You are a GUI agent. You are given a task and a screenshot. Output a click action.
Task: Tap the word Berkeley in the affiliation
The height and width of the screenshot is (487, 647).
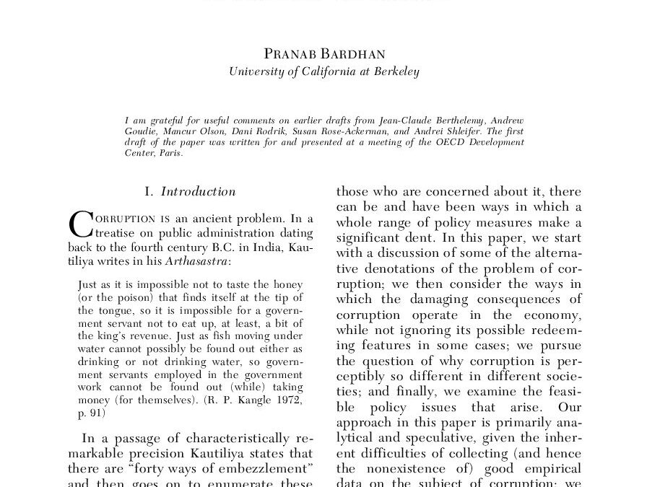point(395,72)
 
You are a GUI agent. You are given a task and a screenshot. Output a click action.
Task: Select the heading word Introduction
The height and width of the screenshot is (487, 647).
point(198,192)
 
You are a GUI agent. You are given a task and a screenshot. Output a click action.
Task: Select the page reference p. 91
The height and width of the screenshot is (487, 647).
point(92,413)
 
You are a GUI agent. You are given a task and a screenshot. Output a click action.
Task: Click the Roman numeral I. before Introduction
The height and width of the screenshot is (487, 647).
point(149,192)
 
